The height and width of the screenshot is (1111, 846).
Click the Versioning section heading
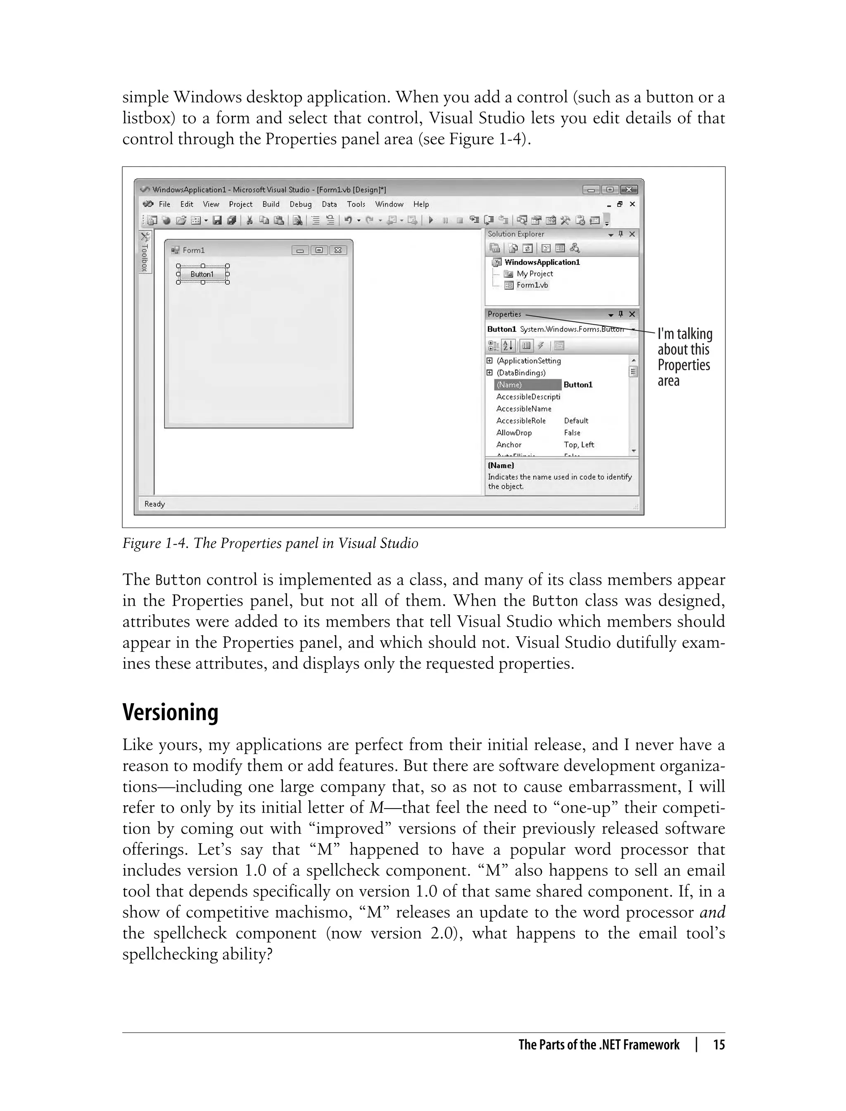[170, 712]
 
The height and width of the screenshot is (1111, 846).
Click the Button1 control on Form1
[202, 274]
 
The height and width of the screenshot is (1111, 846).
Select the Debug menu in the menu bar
[300, 204]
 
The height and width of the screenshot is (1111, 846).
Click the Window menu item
[389, 204]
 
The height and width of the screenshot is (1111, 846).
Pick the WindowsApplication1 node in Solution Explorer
[542, 262]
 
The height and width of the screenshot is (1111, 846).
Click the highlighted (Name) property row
[527, 385]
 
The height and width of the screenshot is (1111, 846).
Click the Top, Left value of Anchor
[579, 445]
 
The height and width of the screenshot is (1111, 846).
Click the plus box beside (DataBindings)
[490, 373]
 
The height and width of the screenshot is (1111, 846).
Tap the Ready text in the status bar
[154, 504]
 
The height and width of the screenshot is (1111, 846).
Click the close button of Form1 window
[338, 250]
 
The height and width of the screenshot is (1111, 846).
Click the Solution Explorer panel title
[516, 234]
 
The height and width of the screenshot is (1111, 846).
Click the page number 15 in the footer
[719, 1045]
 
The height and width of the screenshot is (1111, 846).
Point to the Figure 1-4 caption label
[270, 543]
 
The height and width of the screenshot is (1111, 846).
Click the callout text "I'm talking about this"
[684, 341]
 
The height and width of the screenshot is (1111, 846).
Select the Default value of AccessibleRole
[576, 421]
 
